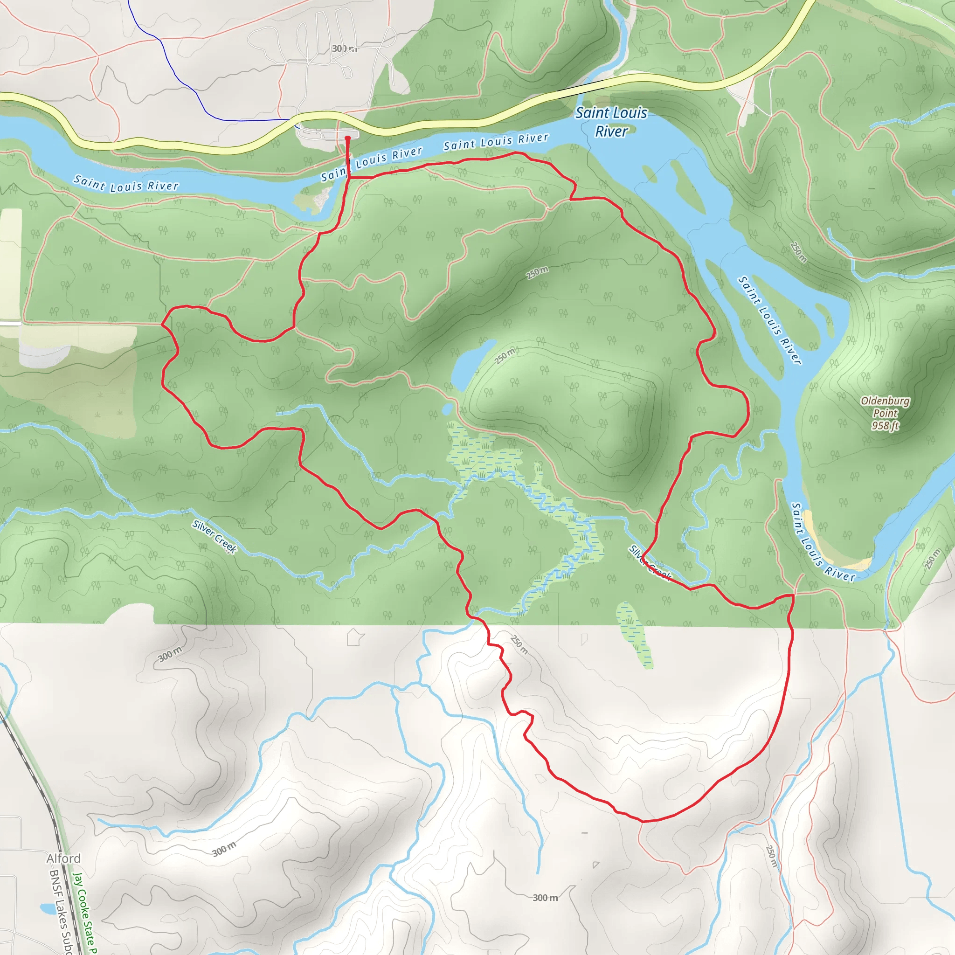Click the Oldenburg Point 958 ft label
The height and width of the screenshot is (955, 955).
tap(885, 413)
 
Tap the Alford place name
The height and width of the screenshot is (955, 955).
tap(63, 858)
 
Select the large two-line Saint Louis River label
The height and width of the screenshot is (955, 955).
tap(611, 122)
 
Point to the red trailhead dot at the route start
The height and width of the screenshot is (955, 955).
tap(347, 138)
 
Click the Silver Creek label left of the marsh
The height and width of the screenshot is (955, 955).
tap(215, 536)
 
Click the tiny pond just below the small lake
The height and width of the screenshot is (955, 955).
tap(447, 409)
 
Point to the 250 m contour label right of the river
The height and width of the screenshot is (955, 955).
tap(798, 252)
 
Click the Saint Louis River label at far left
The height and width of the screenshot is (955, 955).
tap(125, 183)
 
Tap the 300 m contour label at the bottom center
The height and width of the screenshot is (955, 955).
tap(545, 898)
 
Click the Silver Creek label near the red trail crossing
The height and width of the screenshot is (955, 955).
tap(650, 563)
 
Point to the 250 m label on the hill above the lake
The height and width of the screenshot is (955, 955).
tap(536, 272)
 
